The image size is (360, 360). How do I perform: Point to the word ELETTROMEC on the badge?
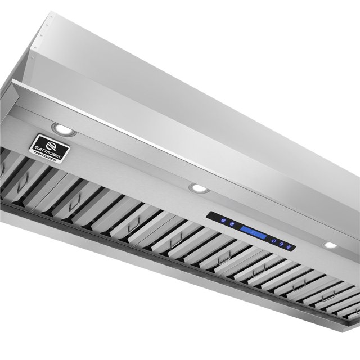tap(49, 148)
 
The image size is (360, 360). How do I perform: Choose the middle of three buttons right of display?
tap(281, 243)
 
